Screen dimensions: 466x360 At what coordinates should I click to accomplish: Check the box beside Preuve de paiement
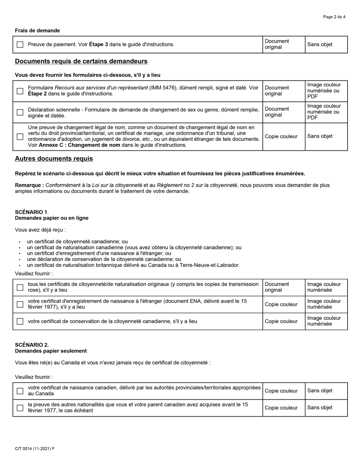point(20,45)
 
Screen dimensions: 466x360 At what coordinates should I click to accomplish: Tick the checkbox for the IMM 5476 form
point(20,91)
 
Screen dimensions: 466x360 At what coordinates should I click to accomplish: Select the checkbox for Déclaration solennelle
point(20,112)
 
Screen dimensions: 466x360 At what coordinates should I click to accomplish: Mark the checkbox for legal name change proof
point(20,136)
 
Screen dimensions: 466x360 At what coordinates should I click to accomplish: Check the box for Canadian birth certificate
point(20,391)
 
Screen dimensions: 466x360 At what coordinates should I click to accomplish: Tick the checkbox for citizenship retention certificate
point(20,321)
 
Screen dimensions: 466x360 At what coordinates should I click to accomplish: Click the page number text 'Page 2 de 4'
point(334,17)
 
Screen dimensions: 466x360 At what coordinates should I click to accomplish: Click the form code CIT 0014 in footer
point(34,449)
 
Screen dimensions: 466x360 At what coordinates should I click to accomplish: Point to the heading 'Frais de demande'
point(37,30)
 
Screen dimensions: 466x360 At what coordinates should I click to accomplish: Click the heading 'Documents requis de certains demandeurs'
point(81,61)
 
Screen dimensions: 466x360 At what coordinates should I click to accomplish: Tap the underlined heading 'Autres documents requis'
point(54,159)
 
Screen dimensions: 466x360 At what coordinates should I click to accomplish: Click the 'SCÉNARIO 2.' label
point(32,345)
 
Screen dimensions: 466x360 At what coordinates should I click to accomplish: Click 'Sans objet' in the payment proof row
point(319,45)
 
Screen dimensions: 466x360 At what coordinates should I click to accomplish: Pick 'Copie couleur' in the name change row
point(281,136)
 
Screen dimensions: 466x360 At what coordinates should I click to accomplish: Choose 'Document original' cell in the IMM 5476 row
point(277,91)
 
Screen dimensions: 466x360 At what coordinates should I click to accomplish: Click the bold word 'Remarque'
point(29,185)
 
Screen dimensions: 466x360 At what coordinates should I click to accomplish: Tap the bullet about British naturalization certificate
point(133,265)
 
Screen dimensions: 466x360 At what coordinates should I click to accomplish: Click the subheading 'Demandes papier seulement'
point(51,351)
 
